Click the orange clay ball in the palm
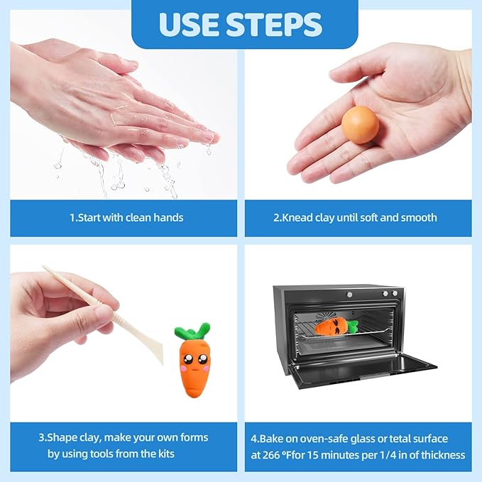point(360,125)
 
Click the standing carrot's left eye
point(188,358)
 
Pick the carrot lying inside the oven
point(336,327)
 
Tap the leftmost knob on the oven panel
point(349,295)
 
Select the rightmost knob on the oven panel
point(395,294)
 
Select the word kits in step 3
point(167,454)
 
